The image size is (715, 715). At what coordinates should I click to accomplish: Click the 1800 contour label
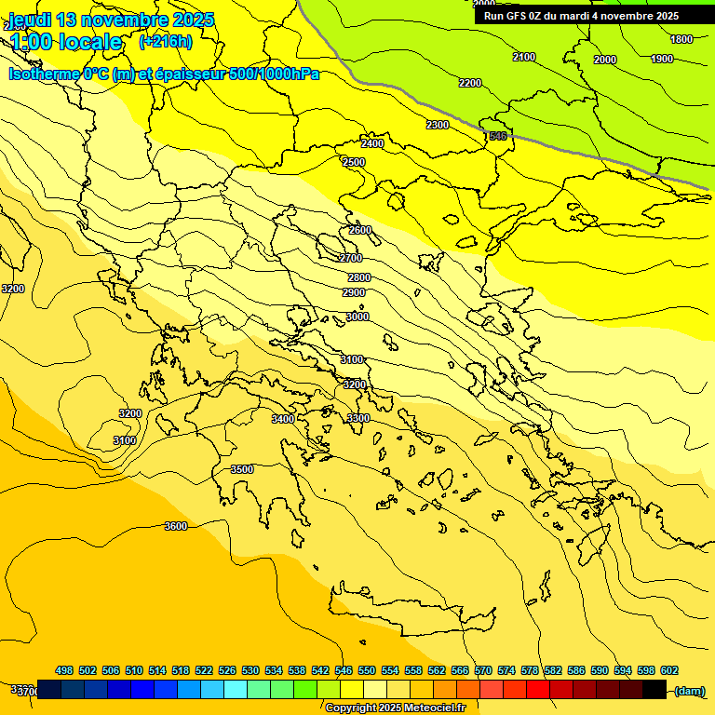click(681, 39)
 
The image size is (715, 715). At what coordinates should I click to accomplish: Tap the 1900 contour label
click(662, 59)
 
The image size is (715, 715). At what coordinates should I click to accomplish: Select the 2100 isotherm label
click(524, 58)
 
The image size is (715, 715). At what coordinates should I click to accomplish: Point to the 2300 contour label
click(437, 125)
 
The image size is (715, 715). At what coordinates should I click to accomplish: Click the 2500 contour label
click(354, 162)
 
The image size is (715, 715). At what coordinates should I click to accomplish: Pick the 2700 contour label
click(351, 258)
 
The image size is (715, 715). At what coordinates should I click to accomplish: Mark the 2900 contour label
click(354, 292)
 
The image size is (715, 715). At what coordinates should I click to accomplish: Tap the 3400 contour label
click(283, 419)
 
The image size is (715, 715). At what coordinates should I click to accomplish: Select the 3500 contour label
click(242, 469)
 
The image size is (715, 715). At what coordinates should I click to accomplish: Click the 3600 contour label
click(175, 526)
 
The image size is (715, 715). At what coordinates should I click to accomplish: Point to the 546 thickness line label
click(498, 137)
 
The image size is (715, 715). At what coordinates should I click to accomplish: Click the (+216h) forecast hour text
click(166, 41)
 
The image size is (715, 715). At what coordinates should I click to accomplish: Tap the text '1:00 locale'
click(67, 42)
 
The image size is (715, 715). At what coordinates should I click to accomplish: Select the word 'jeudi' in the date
click(30, 20)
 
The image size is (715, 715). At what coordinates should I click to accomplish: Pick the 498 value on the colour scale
click(64, 670)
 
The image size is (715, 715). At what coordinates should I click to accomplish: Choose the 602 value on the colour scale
click(669, 670)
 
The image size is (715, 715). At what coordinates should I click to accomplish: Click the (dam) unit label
click(689, 690)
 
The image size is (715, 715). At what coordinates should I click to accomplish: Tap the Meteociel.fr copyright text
click(395, 708)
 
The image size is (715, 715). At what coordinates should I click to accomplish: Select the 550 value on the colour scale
click(367, 670)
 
